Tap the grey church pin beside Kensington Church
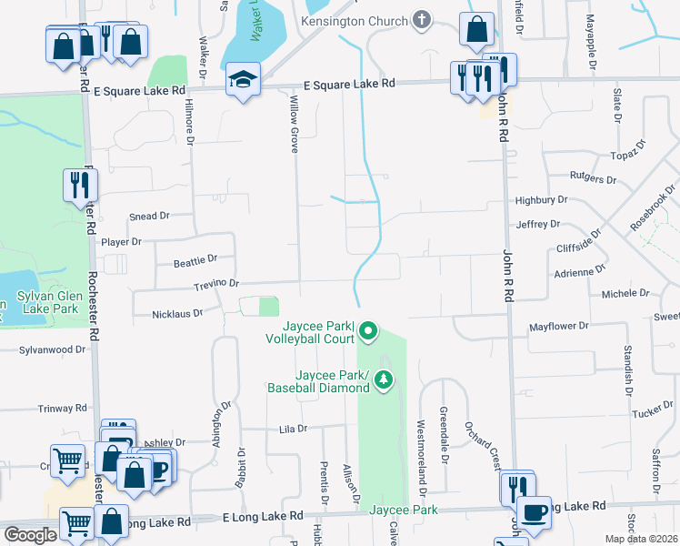[421, 18]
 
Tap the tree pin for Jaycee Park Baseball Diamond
[384, 380]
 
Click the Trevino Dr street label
[215, 285]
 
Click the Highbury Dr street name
[541, 200]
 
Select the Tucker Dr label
[652, 412]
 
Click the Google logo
[30, 535]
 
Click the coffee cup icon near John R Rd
[534, 513]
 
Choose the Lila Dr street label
[294, 428]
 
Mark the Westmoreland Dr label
[421, 458]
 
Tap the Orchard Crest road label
[481, 446]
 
